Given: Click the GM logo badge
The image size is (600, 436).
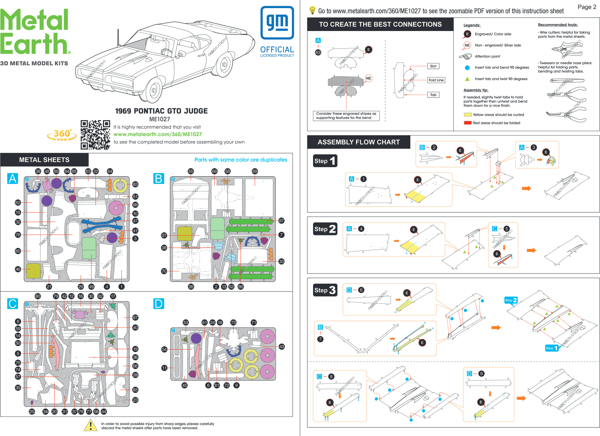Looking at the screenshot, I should coord(277,23).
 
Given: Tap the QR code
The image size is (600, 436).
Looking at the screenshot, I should coord(95,135).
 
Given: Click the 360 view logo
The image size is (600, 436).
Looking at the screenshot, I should coord(62,135).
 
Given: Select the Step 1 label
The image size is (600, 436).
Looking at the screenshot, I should coord(325,161).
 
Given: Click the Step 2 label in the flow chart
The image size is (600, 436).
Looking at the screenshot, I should coord(325,229).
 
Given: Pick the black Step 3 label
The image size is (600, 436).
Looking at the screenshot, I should coord(325,290).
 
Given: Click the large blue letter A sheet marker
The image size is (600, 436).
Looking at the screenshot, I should coord(13,178).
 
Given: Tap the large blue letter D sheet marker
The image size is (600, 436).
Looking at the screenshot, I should coord(159,303).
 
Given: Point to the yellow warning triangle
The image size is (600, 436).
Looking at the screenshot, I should coord(91,425).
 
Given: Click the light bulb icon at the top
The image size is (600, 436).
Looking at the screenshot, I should coord(312,10).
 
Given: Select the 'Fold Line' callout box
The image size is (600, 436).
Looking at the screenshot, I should coord(436,80).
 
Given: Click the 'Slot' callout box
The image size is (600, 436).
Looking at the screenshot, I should coord(433,66).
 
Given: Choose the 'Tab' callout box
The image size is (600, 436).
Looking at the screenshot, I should coord(433,95).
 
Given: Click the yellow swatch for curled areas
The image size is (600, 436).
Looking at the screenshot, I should coord(467,115).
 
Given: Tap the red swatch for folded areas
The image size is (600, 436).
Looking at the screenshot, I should coord(467,123).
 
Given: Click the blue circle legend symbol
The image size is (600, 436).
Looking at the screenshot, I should coord(467,68).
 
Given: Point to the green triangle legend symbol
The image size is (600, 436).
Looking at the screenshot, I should coord(467,79).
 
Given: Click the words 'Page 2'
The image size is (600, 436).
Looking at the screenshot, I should coord(587,7).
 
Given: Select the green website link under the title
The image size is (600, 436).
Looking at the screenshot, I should coord(158,134).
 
